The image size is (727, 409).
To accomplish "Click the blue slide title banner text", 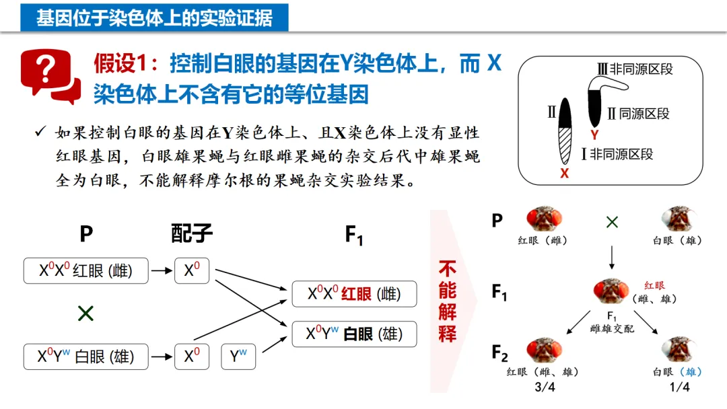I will point(154,17).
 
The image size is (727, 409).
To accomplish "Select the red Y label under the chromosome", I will point(594,135).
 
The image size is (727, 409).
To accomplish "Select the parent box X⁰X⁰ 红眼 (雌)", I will point(85,270).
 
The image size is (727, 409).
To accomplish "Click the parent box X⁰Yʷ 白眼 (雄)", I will point(85,357).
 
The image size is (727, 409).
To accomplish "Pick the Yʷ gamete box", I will point(238,357).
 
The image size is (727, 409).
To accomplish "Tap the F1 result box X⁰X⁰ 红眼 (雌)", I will point(353,294).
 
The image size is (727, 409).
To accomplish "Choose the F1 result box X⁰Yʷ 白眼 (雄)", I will point(353,334).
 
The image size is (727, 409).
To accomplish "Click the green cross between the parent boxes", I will point(85,313).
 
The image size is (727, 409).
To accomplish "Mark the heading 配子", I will point(192,234).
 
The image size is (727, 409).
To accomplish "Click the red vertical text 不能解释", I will point(448,301).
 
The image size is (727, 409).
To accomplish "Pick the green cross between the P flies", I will point(612,222).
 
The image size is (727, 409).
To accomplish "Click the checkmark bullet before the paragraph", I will point(40,132).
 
